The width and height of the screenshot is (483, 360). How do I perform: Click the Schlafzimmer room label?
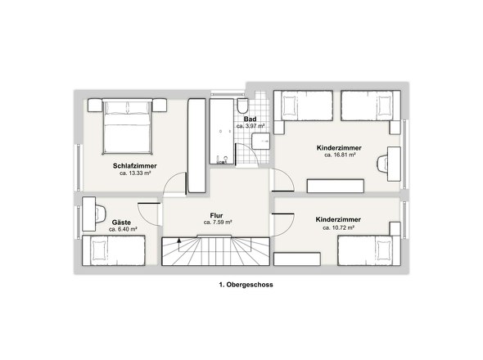[134, 166]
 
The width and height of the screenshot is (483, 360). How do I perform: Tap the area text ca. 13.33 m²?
[135, 173]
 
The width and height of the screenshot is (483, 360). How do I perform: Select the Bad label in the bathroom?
[251, 119]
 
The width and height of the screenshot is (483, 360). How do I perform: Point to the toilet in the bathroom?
[243, 106]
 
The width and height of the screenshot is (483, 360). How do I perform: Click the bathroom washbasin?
[260, 141]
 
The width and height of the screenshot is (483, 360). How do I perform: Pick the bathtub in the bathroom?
[222, 132]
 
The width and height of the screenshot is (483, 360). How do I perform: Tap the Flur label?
[216, 215]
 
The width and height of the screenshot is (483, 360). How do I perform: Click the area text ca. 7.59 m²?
[218, 223]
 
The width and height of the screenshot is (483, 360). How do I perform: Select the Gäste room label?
[121, 223]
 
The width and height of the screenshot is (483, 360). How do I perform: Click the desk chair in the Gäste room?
[101, 214]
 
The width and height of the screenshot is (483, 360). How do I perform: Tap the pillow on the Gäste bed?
[98, 250]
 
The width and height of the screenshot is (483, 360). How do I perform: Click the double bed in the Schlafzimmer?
[128, 126]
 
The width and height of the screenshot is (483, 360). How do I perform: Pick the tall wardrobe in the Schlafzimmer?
[196, 146]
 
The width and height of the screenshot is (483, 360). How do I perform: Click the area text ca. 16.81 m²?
[340, 155]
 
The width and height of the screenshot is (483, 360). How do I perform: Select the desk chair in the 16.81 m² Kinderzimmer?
[382, 164]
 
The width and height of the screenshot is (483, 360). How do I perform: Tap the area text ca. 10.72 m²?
[338, 228]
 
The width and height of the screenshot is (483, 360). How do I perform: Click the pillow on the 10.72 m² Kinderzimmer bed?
[384, 250]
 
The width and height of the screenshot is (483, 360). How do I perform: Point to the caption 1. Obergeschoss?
[246, 285]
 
